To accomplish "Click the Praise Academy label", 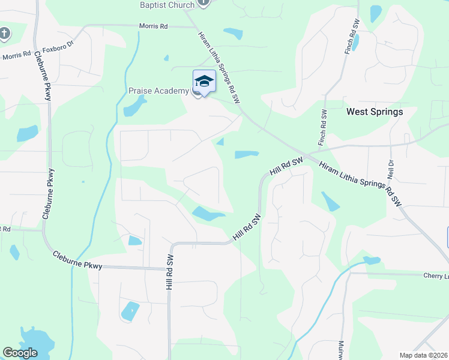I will coord(158,91).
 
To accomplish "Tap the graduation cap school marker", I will coord(204,81).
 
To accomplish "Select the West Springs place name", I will coord(375,112).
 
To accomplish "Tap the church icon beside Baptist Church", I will coord(203,2).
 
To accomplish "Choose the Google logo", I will coord(20,353).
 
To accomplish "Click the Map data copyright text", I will coord(424,355).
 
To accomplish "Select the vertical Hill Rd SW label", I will coord(170,271).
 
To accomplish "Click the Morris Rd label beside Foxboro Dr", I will coord(16,56).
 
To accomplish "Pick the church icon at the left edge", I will coord(4,32).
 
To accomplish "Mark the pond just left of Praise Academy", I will coord(134,107).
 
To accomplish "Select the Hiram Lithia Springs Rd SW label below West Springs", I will coord(360,185).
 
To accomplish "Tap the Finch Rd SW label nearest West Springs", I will coord(322,127).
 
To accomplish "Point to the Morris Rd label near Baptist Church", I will coord(153,26).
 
